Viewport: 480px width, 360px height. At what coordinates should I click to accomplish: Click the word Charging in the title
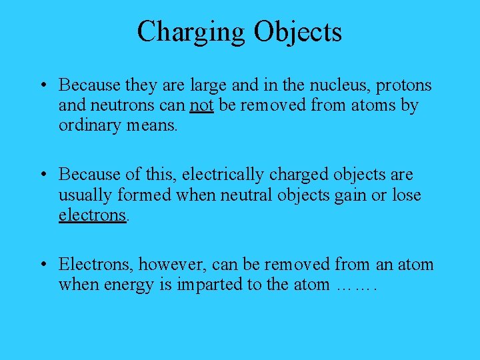[191, 32]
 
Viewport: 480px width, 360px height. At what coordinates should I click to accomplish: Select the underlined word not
[201, 106]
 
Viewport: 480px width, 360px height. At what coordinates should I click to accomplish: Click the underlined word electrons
[92, 215]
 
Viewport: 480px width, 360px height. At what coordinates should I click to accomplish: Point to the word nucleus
[339, 86]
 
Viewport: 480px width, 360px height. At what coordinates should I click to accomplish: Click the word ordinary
[89, 125]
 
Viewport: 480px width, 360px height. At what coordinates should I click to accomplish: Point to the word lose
[407, 195]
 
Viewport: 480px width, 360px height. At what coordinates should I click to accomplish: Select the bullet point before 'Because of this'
[43, 175]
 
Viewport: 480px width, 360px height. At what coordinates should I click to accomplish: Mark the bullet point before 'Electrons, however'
[43, 265]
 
